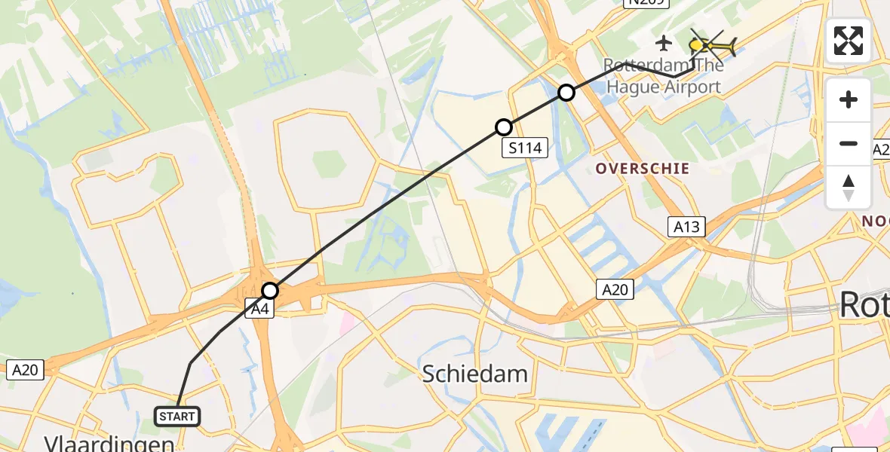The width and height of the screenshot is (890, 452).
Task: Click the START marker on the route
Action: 177,416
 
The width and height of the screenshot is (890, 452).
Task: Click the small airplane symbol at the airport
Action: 664,42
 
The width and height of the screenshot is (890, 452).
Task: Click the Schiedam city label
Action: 474,373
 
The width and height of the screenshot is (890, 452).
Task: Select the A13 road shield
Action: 686,226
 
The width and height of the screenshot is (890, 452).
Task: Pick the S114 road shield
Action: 525,148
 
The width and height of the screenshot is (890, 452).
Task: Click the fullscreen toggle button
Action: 849,41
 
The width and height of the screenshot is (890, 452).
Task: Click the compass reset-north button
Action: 849,187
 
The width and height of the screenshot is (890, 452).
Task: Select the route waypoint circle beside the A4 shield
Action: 270,291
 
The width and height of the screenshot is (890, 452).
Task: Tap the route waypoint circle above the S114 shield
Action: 504,127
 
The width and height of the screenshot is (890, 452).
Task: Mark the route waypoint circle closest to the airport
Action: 566,93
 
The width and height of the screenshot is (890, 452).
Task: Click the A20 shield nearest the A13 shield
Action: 613,289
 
